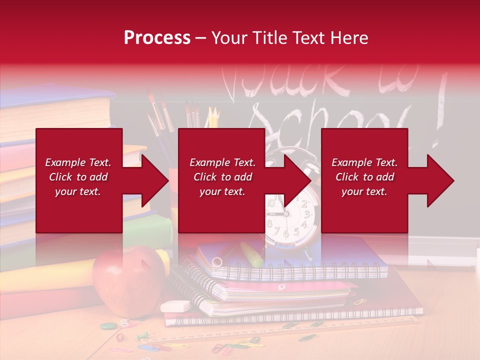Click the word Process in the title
click(x=157, y=38)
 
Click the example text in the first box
click(x=78, y=177)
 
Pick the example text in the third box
click(x=364, y=177)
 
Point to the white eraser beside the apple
click(x=175, y=306)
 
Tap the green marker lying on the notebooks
click(x=251, y=254)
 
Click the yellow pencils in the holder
click(x=213, y=117)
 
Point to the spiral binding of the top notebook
click(x=300, y=273)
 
